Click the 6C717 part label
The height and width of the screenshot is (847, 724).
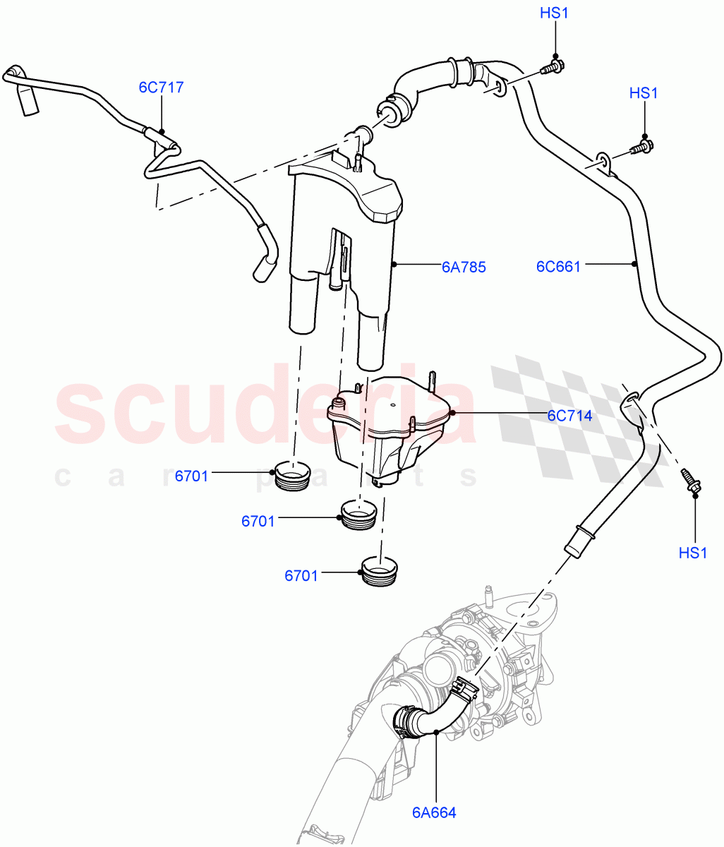click(161, 88)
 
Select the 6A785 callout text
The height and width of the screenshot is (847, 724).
click(464, 267)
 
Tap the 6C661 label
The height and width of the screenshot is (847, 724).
click(558, 267)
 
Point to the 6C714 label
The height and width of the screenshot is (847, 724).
click(569, 416)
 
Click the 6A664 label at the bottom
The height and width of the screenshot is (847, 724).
click(434, 812)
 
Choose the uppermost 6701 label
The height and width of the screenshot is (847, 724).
click(192, 476)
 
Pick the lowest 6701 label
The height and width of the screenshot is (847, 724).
click(301, 576)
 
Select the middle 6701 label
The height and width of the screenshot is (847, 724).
click(258, 522)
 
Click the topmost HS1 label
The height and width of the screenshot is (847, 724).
click(554, 13)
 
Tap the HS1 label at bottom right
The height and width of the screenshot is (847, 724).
click(692, 553)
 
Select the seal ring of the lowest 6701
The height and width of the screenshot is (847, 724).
click(380, 570)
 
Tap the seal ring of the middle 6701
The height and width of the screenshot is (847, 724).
click(358, 514)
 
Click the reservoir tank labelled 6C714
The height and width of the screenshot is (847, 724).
click(387, 427)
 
